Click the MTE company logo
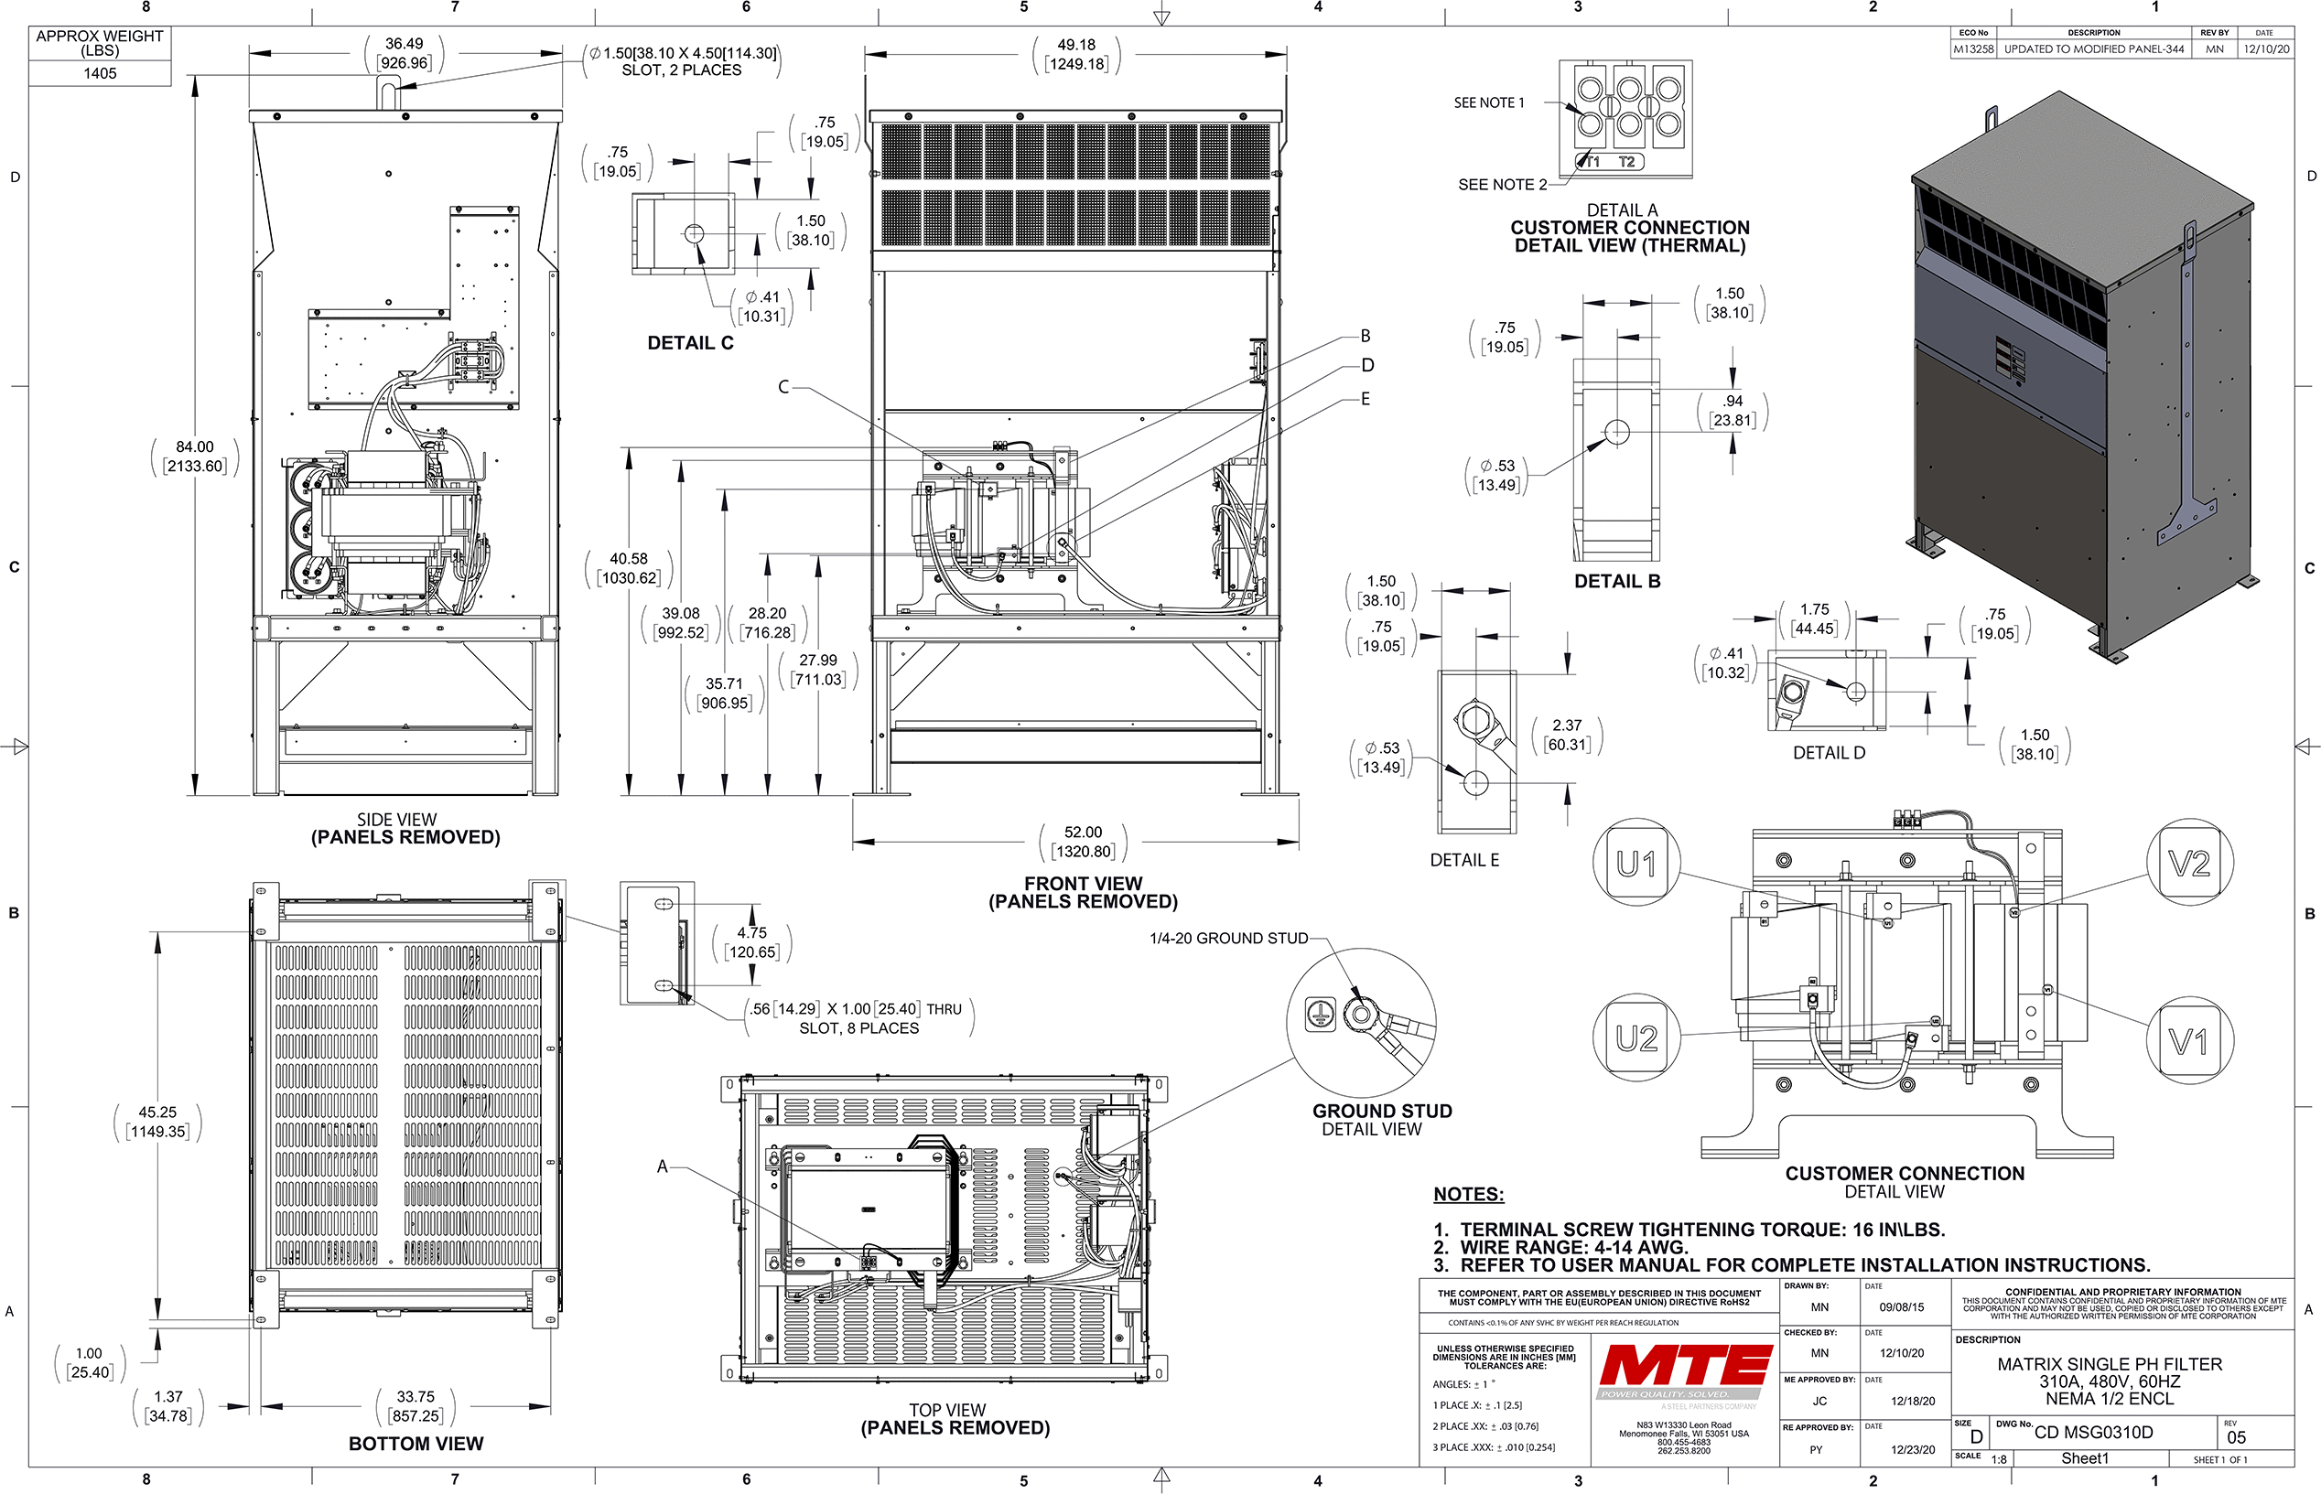pyautogui.click(x=1686, y=1365)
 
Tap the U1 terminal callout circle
pyautogui.click(x=1637, y=863)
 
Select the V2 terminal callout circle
pyautogui.click(x=2189, y=863)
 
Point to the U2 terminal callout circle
pyautogui.click(x=1637, y=1038)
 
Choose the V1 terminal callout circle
pyautogui.click(x=2189, y=1042)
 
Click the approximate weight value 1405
pyautogui.click(x=100, y=74)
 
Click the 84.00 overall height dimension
pyautogui.click(x=195, y=447)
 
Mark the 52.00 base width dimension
pyautogui.click(x=1083, y=833)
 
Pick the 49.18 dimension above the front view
pyautogui.click(x=1076, y=45)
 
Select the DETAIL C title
pyautogui.click(x=690, y=343)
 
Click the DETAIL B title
pyautogui.click(x=1616, y=581)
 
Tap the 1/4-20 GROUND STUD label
pyautogui.click(x=1228, y=938)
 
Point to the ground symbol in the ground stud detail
pyautogui.click(x=1320, y=1014)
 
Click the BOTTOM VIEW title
pyautogui.click(x=416, y=1444)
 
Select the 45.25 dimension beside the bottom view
pyautogui.click(x=157, y=1112)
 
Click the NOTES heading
pyautogui.click(x=1468, y=1194)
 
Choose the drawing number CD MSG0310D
pyautogui.click(x=2093, y=1432)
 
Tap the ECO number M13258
pyautogui.click(x=1973, y=48)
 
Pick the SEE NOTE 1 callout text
pyautogui.click(x=1488, y=102)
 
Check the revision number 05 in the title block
pyautogui.click(x=2237, y=1436)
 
